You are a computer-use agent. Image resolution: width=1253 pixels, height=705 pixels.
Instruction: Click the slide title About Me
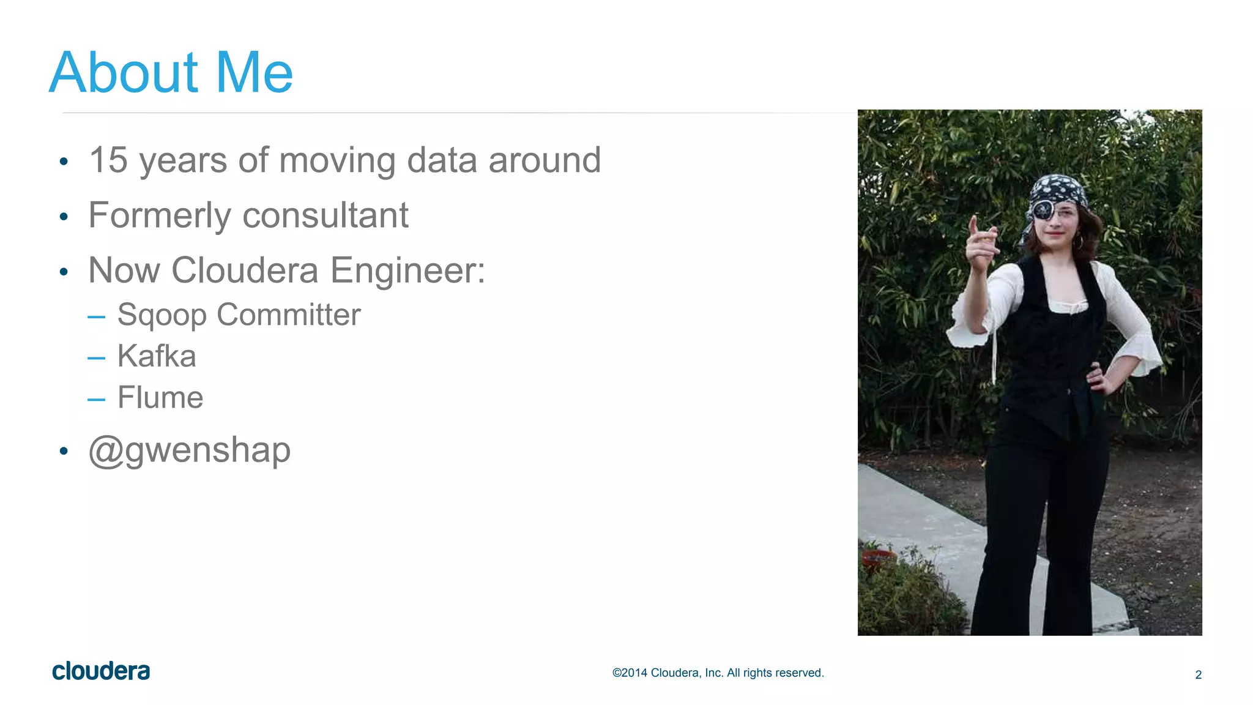[x=171, y=73]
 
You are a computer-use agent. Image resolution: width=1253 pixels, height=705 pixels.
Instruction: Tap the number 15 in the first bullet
[x=108, y=160]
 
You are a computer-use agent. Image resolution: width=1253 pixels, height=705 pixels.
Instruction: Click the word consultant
[x=325, y=215]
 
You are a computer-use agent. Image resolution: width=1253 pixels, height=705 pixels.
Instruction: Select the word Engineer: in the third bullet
[x=407, y=270]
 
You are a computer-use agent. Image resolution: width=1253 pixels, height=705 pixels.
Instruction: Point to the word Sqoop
[x=162, y=316]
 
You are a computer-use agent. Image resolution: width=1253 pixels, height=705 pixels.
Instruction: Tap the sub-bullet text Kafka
[x=157, y=356]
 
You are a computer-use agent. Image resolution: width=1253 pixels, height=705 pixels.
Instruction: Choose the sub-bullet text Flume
[x=160, y=398]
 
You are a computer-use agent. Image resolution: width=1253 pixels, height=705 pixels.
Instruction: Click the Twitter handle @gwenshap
[x=190, y=450]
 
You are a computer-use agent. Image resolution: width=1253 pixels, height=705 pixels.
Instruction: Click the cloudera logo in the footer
[x=101, y=671]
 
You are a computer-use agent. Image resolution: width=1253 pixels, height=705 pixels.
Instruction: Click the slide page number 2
[x=1198, y=674]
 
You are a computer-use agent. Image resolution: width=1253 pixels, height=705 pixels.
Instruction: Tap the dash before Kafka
[x=96, y=358]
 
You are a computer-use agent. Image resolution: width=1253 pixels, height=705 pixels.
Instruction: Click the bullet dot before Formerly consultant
[x=64, y=217]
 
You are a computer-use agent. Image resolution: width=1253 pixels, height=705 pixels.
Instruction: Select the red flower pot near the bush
[x=877, y=558]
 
